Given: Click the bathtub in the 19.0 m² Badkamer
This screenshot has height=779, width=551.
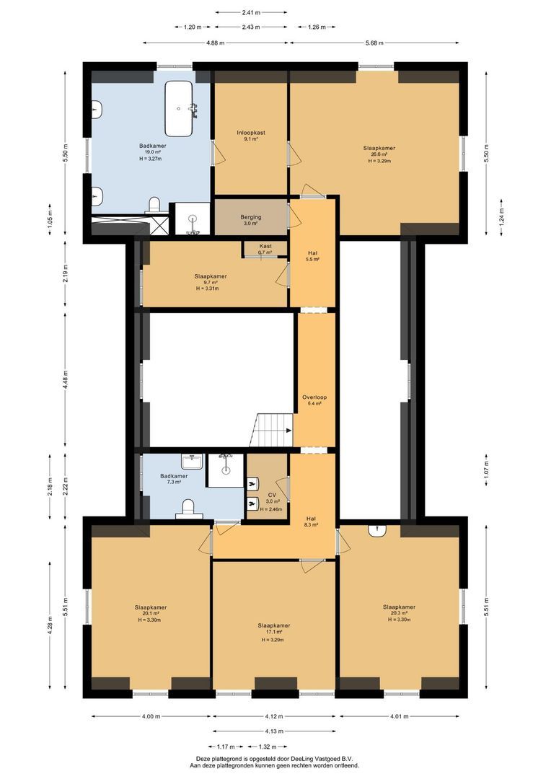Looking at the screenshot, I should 179,109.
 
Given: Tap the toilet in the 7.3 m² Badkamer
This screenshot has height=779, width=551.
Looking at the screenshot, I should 189,508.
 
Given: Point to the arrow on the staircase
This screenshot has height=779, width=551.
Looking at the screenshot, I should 287,431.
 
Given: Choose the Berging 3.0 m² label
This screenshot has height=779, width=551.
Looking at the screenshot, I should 251,220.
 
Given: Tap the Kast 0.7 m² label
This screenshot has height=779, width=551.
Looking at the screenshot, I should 266,249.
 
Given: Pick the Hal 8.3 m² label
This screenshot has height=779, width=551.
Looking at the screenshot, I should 312,521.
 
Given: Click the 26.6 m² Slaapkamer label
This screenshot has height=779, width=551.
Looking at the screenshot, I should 379,154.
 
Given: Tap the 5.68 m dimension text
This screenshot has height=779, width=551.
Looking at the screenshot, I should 374,43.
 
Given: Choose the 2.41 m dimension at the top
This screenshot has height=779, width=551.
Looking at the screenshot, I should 250,12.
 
